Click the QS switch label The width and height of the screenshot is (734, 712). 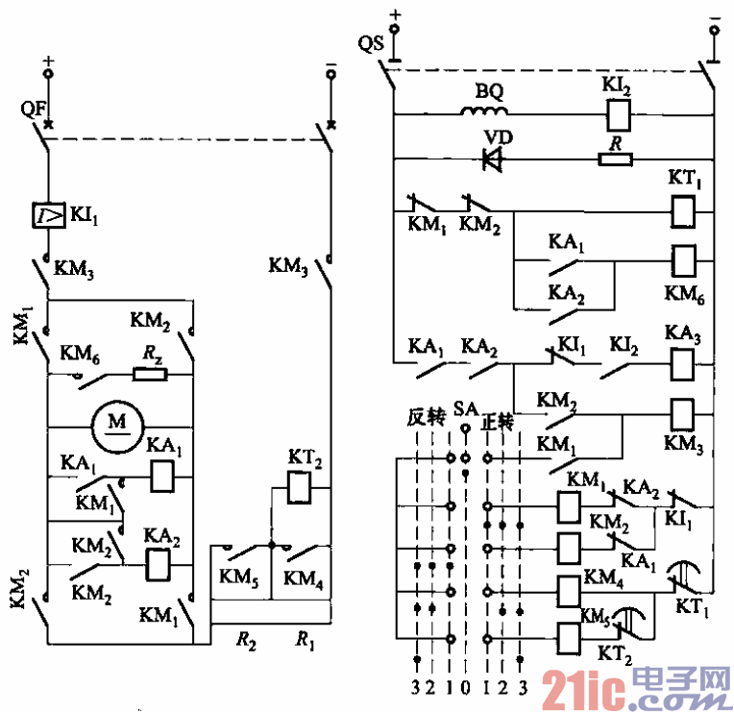[369, 44]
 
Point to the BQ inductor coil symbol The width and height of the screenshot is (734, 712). [487, 113]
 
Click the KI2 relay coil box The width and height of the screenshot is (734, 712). [616, 115]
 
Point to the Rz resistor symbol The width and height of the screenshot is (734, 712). [150, 373]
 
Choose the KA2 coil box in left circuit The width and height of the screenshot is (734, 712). [157, 566]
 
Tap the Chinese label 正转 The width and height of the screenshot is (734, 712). [498, 420]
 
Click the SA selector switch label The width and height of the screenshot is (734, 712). [466, 410]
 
